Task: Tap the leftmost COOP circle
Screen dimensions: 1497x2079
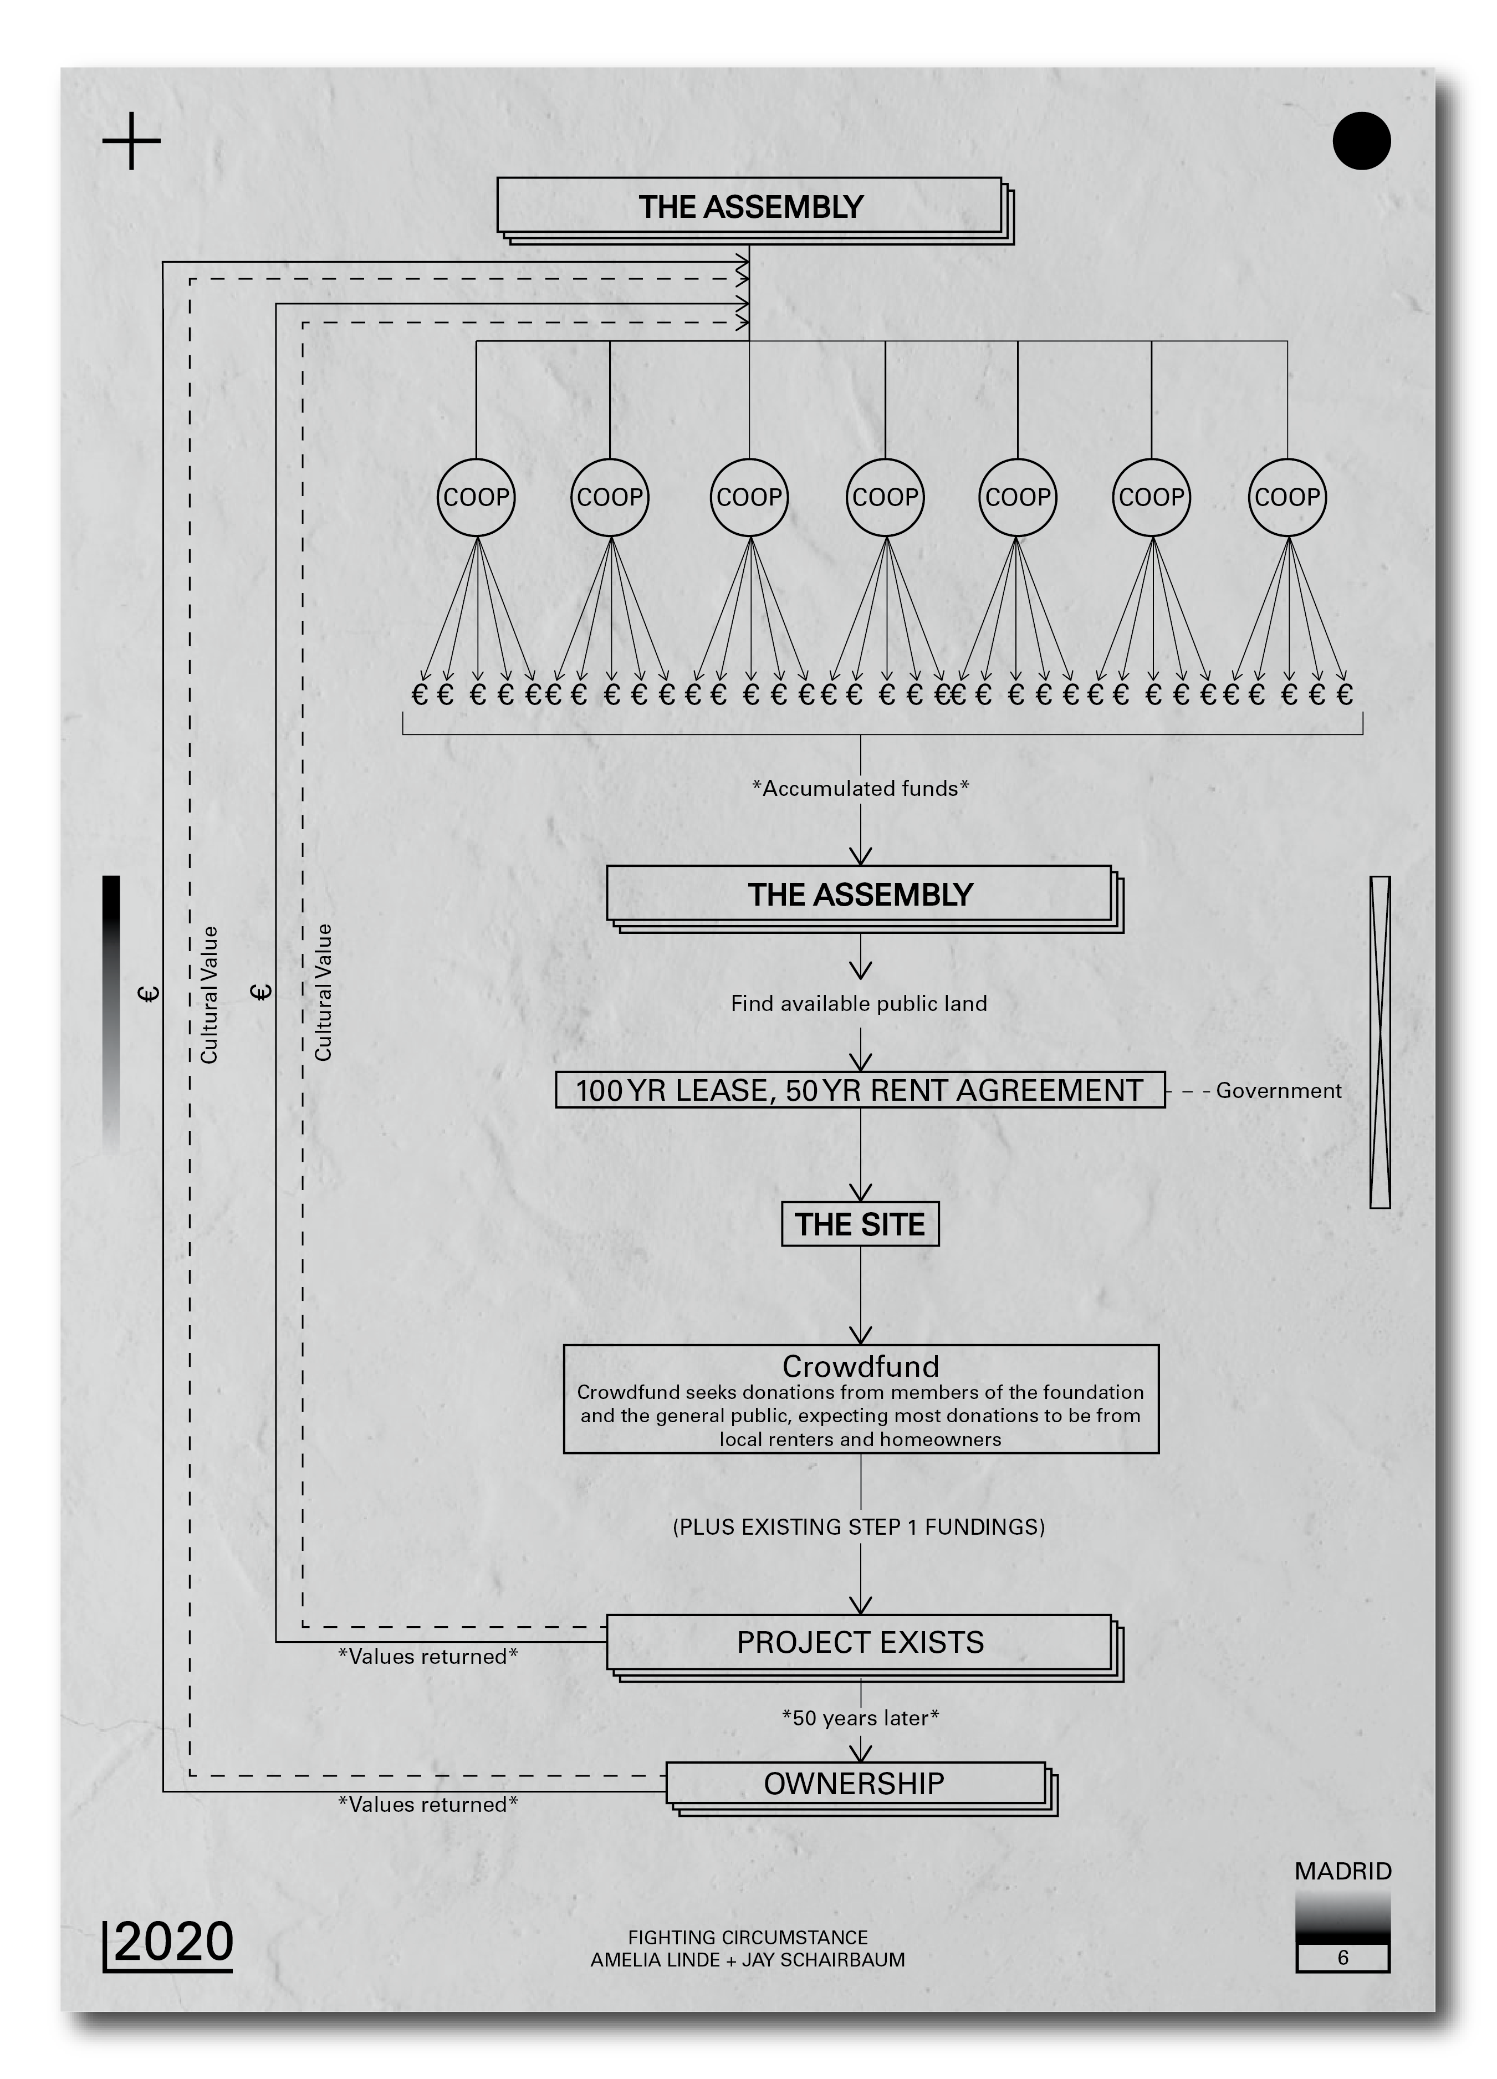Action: point(476,497)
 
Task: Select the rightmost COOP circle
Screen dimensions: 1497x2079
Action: point(1286,497)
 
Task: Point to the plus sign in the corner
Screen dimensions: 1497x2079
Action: point(132,141)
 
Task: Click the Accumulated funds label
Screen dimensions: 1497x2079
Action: point(860,788)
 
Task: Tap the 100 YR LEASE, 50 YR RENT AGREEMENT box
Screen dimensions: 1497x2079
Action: point(860,1090)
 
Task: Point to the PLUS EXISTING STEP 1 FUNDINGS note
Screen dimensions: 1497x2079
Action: point(859,1527)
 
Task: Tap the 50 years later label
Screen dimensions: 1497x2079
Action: point(860,1718)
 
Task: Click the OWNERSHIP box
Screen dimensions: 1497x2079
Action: point(855,1784)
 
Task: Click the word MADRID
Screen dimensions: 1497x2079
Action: point(1343,1872)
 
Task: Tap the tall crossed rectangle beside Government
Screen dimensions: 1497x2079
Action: point(1380,1042)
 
